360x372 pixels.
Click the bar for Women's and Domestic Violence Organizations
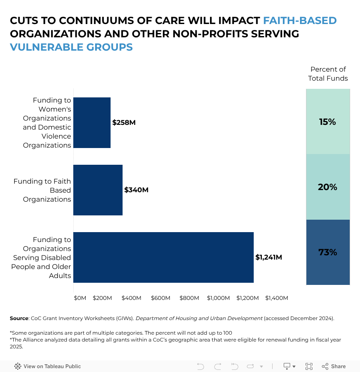click(92, 123)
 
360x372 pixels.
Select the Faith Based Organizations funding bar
click(98, 190)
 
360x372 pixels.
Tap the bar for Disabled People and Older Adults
click(163, 257)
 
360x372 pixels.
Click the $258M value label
click(124, 123)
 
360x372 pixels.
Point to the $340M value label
click(136, 190)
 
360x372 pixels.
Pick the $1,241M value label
click(269, 257)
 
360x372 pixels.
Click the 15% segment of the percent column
click(328, 122)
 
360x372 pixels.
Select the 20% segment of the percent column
click(328, 187)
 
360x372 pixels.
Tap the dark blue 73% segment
click(328, 252)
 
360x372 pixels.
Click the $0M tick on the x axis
click(80, 298)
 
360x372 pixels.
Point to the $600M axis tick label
click(160, 298)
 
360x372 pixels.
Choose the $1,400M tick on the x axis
click(276, 298)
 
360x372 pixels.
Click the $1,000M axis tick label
click(218, 298)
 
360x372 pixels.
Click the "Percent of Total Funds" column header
click(328, 74)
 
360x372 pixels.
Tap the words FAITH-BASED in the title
click(300, 21)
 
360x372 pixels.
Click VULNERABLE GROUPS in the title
click(71, 47)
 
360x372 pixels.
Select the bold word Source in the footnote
click(19, 318)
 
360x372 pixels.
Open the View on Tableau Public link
click(48, 366)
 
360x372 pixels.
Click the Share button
click(334, 366)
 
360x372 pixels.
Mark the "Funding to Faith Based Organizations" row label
click(42, 190)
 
